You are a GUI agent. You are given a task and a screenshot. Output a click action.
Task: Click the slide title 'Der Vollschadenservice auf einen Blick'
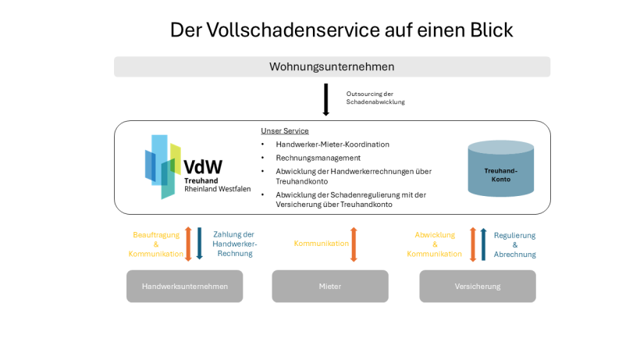(341, 30)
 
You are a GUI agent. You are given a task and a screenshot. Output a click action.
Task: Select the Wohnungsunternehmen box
(332, 66)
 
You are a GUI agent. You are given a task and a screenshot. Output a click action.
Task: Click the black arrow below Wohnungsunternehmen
(325, 100)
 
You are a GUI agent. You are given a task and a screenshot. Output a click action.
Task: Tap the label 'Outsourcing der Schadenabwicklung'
(375, 98)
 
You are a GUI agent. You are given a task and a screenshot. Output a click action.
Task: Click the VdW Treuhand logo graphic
(163, 166)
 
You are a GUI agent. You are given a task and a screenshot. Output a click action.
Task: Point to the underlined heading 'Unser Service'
(284, 130)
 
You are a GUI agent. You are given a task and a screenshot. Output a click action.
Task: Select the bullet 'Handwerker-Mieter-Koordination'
(332, 144)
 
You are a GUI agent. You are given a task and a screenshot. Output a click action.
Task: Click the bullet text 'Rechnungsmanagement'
(318, 158)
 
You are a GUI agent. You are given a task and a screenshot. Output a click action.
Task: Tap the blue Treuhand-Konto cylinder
(500, 169)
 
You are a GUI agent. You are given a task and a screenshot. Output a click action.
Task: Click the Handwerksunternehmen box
(185, 286)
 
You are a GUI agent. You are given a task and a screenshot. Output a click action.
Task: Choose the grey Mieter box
(330, 286)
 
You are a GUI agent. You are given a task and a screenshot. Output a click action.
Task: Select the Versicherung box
(478, 286)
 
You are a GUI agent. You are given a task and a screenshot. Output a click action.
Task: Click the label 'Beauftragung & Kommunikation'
(156, 244)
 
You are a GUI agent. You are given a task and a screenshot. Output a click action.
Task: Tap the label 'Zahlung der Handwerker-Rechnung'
(234, 244)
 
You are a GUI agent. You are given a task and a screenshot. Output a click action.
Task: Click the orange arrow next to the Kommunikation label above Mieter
(354, 244)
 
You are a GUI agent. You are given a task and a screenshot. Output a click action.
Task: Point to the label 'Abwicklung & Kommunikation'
(435, 244)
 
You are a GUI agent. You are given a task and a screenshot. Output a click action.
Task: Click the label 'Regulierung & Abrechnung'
(514, 244)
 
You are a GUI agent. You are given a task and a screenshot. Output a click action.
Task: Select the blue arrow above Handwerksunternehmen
(199, 244)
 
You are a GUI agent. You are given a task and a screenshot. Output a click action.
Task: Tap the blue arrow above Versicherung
(483, 244)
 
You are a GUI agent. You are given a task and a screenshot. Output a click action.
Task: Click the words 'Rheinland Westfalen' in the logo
(217, 189)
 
